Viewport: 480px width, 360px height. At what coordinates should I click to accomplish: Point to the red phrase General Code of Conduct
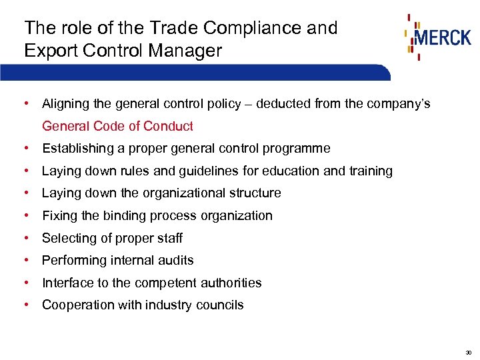point(117,126)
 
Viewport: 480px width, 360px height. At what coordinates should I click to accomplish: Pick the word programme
point(297,149)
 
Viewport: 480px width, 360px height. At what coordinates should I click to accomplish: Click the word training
point(371,171)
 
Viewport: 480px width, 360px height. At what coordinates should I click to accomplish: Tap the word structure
point(254,193)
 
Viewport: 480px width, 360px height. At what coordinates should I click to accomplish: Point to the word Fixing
point(58,216)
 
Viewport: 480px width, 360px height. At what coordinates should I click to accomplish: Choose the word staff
point(168,239)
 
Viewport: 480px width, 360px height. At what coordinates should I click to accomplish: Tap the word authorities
point(227,283)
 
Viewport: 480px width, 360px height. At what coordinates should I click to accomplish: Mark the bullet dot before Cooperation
point(25,305)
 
